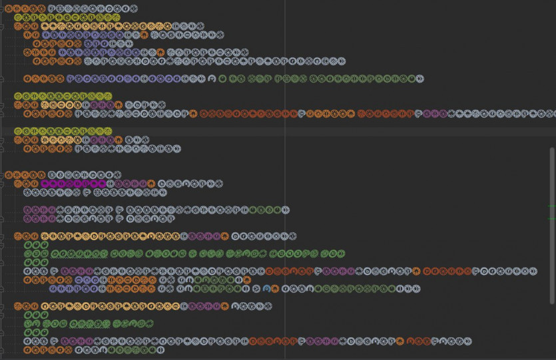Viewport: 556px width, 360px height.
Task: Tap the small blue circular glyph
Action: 267,289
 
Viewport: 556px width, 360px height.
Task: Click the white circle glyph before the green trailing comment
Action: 212,79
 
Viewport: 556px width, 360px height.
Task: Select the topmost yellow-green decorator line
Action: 67,17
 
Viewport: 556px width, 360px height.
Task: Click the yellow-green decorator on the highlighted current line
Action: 63,131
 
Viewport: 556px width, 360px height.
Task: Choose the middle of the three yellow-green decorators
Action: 63,96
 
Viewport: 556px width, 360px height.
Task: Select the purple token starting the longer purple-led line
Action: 39,210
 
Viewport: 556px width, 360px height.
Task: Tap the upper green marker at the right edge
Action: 552,208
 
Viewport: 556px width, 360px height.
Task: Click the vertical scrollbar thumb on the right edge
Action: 552,200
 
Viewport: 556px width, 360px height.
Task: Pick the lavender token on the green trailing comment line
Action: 133,79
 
